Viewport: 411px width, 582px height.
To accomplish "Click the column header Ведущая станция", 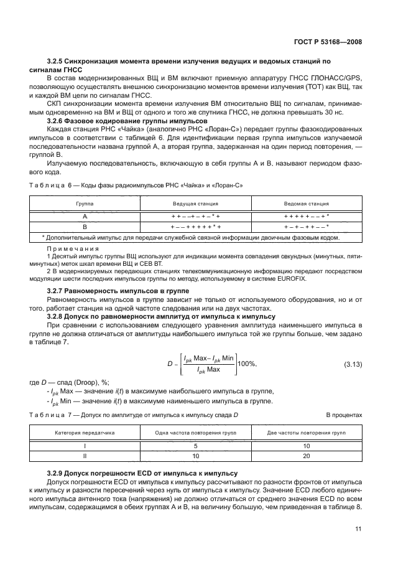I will point(196,203).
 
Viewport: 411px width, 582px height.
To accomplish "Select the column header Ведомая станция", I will point(306,203).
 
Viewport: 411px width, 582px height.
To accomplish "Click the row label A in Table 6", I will point(85,215).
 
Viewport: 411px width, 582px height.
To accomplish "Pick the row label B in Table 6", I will point(85,227).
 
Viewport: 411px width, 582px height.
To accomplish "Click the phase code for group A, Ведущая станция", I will point(196,215).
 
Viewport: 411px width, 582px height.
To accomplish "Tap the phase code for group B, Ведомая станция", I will point(306,227).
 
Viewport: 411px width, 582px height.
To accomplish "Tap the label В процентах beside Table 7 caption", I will point(343,415).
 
